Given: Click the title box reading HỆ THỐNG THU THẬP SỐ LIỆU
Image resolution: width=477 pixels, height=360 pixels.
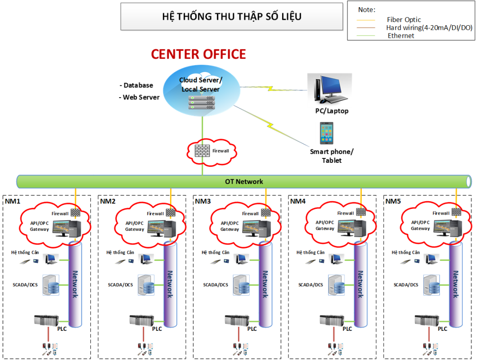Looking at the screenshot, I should [x=232, y=17].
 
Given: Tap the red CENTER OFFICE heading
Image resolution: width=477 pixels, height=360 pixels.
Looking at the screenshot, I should [x=198, y=54].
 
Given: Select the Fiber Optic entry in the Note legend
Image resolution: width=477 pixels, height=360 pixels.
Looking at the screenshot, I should [x=404, y=20].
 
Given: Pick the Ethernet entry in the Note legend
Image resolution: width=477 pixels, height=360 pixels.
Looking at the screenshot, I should [x=400, y=36].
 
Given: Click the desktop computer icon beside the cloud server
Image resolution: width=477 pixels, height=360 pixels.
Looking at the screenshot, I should [x=329, y=90].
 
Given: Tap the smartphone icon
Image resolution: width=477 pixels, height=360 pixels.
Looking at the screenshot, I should [x=327, y=133].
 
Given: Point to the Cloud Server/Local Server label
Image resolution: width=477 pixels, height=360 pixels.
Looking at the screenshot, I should [x=201, y=85].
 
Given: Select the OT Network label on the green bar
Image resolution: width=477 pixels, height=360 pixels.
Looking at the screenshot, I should [x=244, y=182].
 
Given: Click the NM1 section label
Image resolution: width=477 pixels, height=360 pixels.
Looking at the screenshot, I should [x=13, y=201].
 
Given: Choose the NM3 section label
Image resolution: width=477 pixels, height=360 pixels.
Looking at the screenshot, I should [x=202, y=201].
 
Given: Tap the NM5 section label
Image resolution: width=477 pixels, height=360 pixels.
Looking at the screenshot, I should [x=393, y=201].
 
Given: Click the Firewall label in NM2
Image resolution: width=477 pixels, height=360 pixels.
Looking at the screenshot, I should [x=155, y=214].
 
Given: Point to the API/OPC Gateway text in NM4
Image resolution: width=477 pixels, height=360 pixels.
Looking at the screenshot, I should [x=325, y=225].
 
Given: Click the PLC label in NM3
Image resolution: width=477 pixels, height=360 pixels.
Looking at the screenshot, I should [x=252, y=329].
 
